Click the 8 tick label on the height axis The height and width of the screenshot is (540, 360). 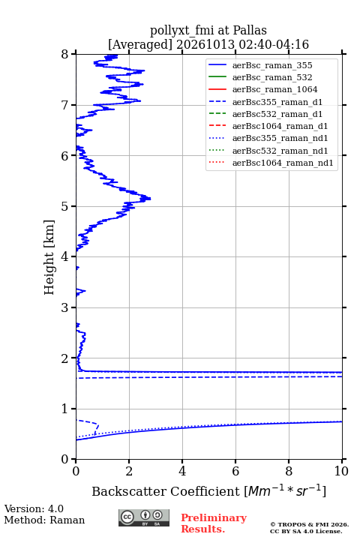click(65, 54)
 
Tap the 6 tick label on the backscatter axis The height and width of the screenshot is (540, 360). click(235, 471)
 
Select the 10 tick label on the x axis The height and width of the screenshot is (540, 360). click(341, 471)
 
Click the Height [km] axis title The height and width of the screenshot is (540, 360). click(49, 257)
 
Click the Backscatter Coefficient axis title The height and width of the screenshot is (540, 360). click(208, 490)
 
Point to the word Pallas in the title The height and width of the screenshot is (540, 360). click(250, 30)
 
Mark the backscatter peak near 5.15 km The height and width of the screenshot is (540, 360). click(150, 198)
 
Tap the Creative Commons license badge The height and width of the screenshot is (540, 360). click(144, 517)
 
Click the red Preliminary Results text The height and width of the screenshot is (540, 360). click(214, 523)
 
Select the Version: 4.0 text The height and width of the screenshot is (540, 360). click(34, 508)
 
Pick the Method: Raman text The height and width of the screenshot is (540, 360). click(44, 520)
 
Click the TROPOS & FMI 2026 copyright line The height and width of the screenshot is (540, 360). click(310, 524)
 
